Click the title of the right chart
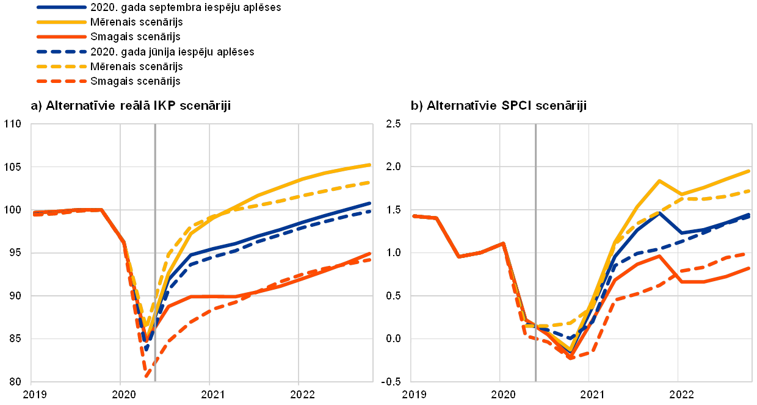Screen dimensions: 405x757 [498, 106]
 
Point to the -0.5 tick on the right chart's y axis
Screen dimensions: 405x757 [392, 381]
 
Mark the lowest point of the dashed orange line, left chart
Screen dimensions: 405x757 [147, 378]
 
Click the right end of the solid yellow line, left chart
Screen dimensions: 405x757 [371, 165]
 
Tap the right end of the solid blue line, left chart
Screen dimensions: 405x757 [371, 203]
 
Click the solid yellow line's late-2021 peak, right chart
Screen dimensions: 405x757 [659, 181]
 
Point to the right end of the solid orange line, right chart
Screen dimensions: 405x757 [750, 267]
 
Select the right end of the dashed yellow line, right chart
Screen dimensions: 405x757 [750, 191]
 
